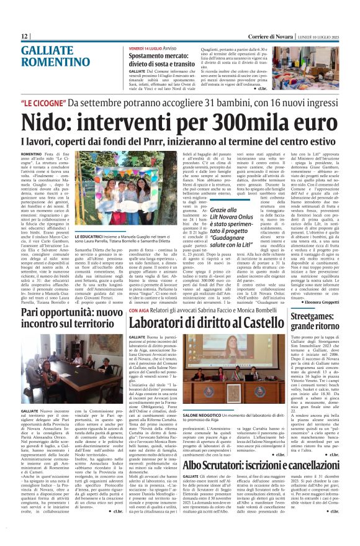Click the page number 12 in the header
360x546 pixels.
tap(25, 37)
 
